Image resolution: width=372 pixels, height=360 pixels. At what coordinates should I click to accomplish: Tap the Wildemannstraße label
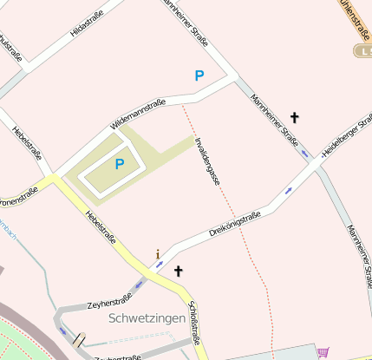(138, 115)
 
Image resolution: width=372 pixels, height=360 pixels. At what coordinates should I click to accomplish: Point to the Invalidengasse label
(207, 162)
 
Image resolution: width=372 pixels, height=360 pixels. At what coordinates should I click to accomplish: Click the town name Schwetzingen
(147, 318)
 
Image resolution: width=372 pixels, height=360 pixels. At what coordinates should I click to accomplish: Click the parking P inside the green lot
(120, 163)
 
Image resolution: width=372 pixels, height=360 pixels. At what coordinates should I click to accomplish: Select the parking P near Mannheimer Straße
(199, 75)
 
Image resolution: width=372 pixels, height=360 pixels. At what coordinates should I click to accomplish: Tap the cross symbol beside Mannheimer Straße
(294, 116)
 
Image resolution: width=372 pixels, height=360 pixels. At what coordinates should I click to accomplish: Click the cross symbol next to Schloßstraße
(179, 271)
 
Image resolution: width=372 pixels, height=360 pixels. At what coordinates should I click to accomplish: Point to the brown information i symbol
(158, 254)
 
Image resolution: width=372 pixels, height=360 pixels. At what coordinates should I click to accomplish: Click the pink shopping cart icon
(323, 352)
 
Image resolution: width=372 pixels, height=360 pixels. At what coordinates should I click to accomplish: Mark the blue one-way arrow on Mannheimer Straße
(303, 154)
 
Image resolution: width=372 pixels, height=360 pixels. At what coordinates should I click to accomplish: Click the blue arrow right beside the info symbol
(160, 263)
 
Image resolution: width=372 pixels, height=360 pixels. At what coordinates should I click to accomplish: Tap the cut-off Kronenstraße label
(19, 193)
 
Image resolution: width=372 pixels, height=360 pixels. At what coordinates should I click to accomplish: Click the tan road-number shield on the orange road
(362, 51)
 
